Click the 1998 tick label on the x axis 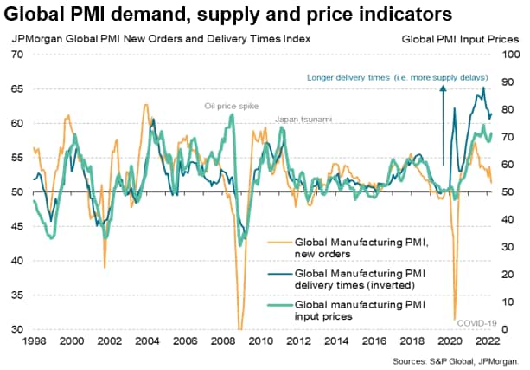pyautogui.click(x=34, y=341)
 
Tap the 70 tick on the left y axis pyautogui.click(x=16, y=55)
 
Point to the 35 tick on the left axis pyautogui.click(x=16, y=295)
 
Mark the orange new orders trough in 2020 pyautogui.click(x=455, y=317)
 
